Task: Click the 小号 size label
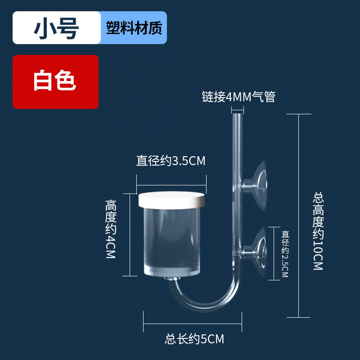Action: tap(56, 28)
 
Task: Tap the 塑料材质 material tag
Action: tap(134, 28)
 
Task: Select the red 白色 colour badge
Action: tap(55, 82)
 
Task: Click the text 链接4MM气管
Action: tap(238, 97)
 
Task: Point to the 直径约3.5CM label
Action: tap(171, 161)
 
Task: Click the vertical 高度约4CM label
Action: tap(111, 229)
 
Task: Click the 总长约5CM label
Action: tap(194, 338)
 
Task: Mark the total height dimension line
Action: tap(299, 216)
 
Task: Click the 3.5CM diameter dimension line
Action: tap(171, 184)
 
